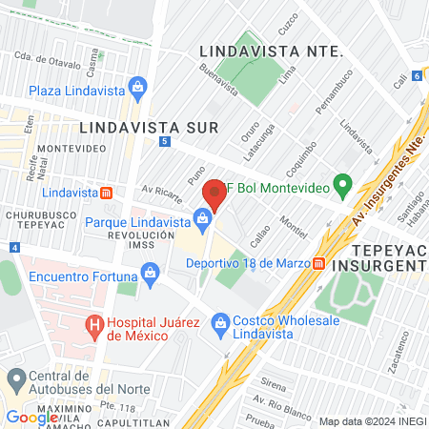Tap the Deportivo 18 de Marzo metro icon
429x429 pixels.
[317, 262]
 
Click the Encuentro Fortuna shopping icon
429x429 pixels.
[152, 276]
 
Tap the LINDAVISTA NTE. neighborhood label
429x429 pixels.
[272, 51]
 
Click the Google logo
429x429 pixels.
[31, 417]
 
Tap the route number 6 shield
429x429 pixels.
[417, 75]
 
